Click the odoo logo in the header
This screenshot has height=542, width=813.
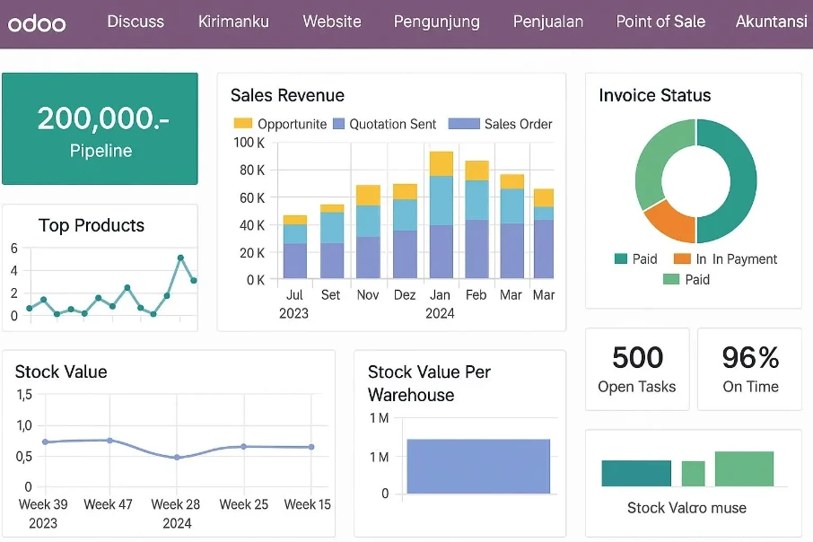point(37,23)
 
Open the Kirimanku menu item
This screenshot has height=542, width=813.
point(233,22)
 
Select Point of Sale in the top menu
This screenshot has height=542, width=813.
point(660,22)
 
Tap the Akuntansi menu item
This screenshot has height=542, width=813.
point(771,22)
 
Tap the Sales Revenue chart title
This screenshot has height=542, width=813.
point(287,95)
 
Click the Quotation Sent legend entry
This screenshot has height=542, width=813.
point(384,124)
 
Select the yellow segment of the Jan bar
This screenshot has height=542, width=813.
point(441,163)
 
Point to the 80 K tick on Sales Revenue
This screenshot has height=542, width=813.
point(251,170)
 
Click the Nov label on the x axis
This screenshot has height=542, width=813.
point(368,295)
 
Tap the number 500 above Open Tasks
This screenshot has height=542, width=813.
point(637,357)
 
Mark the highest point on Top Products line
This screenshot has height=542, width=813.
point(180,258)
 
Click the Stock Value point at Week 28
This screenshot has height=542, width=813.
point(177,458)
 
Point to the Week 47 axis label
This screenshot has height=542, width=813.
point(108,504)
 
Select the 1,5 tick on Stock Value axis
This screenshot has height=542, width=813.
point(24,395)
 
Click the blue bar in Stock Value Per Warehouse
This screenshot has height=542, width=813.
point(478,467)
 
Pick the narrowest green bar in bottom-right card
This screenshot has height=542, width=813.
point(694,474)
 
